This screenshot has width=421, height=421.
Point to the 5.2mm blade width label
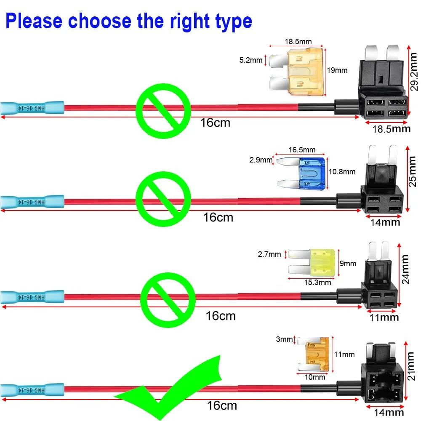(x=251, y=60)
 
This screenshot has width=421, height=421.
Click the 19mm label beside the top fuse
(x=337, y=70)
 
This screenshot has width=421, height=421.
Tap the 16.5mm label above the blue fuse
(x=302, y=150)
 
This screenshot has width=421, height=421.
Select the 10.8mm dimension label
(x=341, y=172)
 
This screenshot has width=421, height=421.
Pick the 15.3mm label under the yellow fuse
(x=317, y=282)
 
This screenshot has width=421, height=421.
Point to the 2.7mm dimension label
(x=269, y=254)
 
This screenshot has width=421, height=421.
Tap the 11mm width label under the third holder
(x=384, y=317)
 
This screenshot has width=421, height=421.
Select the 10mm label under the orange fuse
(x=314, y=377)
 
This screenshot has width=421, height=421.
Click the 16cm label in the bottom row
(x=222, y=405)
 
